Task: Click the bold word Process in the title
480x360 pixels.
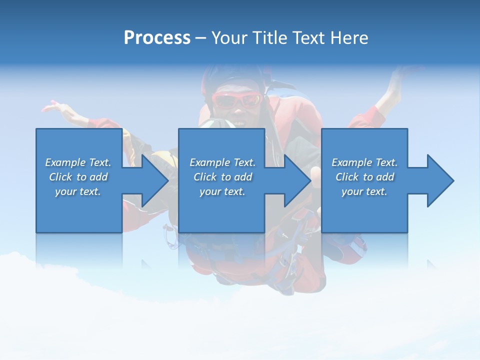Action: (157, 38)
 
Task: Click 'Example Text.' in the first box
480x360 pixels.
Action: (78, 162)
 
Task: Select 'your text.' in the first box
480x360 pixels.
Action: (78, 191)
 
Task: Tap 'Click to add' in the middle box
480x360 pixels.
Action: (222, 177)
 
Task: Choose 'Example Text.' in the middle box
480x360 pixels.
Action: (222, 162)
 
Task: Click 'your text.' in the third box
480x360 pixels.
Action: (364, 191)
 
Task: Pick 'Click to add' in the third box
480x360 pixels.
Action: (364, 177)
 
